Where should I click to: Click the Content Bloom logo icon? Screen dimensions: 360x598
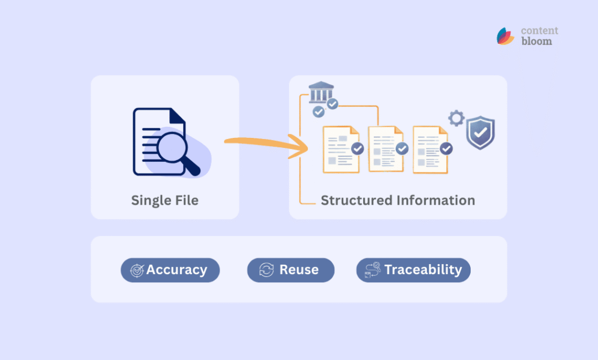pyautogui.click(x=505, y=36)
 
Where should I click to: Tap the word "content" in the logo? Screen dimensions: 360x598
pyautogui.click(x=540, y=30)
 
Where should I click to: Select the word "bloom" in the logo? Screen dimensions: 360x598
pyautogui.click(x=536, y=41)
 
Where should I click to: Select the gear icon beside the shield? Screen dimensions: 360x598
pyautogui.click(x=456, y=119)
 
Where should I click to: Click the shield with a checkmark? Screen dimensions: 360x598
pyautogui.click(x=480, y=133)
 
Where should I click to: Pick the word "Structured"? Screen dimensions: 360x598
pyautogui.click(x=357, y=200)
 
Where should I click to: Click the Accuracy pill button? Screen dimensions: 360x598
pyautogui.click(x=170, y=270)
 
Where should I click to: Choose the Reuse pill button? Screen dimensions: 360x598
pyautogui.click(x=290, y=270)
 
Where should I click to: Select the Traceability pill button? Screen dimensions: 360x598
pyautogui.click(x=413, y=270)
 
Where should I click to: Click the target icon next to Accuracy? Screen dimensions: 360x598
pyautogui.click(x=137, y=270)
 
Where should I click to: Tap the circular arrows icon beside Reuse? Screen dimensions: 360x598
pyautogui.click(x=266, y=270)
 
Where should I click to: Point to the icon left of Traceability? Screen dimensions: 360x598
pyautogui.click(x=373, y=270)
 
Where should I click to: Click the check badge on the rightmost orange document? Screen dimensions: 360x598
pyautogui.click(x=446, y=148)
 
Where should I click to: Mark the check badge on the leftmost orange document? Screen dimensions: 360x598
pyautogui.click(x=357, y=148)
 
